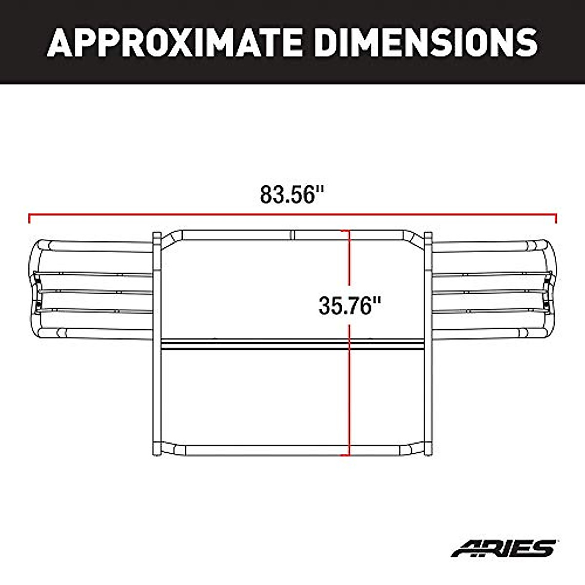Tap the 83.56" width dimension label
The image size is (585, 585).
point(292,195)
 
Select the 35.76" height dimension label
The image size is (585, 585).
point(349,306)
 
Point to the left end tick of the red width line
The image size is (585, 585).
point(30,218)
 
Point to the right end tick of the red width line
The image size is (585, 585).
point(556,218)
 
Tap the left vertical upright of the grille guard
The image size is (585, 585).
point(157,341)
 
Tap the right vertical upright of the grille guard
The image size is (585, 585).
point(429,341)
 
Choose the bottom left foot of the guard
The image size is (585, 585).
point(157,451)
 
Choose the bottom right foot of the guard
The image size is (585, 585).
point(429,451)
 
